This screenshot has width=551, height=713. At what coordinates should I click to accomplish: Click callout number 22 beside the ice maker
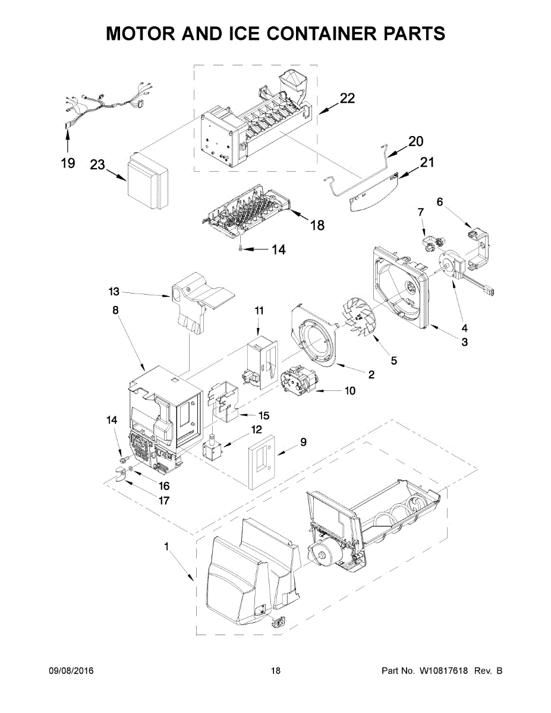[x=347, y=99]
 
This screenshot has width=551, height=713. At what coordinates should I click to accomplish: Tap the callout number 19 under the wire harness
[x=68, y=163]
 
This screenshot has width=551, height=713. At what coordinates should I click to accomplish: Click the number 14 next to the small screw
[x=278, y=250]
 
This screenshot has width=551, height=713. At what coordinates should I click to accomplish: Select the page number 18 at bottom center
[x=275, y=671]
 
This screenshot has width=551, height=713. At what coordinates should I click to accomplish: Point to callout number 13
[x=114, y=291]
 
